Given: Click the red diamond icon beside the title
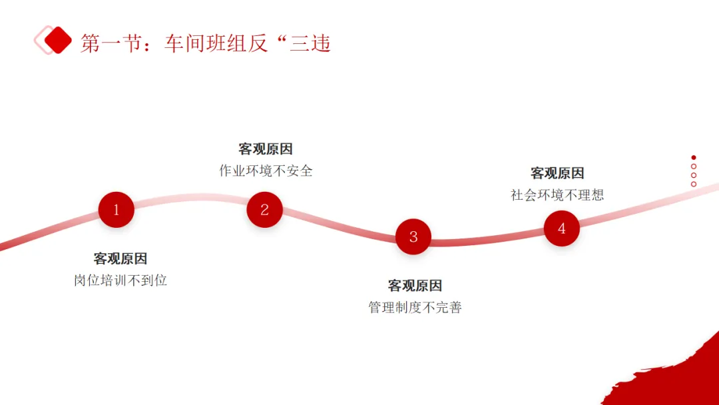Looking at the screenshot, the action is coord(58,40).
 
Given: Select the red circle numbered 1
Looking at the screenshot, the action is coord(116,210).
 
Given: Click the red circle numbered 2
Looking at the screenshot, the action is coord(264,210).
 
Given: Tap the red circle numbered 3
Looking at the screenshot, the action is coord(413,236).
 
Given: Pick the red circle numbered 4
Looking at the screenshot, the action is coord(561,228).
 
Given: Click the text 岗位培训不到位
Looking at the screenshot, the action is coord(120,280).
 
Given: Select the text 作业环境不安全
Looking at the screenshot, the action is coord(266,171).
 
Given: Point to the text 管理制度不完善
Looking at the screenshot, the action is coord(415,308).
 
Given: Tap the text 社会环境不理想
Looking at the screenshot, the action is coord(557,195).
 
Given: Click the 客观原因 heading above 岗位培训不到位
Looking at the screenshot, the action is coord(120,258).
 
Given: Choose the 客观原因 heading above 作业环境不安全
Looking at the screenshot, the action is coord(266,149).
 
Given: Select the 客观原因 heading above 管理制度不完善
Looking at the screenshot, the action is coord(415,286).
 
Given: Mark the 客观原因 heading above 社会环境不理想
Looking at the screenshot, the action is coord(557,173).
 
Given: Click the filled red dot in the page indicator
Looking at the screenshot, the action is coord(694,158).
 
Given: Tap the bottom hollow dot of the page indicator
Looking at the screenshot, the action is coord(694,184).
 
